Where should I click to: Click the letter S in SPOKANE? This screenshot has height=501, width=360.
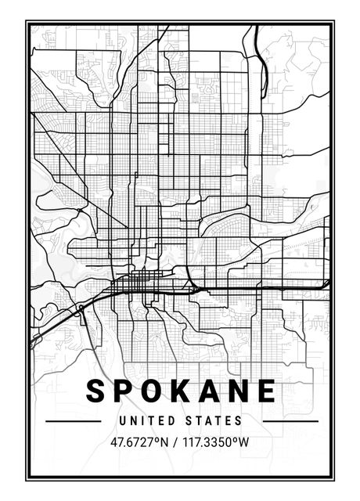click(x=96, y=391)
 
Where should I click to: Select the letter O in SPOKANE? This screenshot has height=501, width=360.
click(x=152, y=391)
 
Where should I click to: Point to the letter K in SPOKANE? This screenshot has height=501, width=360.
click(x=180, y=391)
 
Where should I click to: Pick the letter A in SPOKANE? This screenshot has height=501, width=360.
click(x=207, y=391)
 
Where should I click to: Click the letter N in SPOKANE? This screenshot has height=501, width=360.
click(x=236, y=391)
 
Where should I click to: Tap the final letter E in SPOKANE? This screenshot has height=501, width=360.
click(x=264, y=391)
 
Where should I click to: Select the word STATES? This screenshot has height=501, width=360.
click(x=214, y=421)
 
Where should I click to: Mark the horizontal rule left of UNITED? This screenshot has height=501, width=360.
click(x=74, y=421)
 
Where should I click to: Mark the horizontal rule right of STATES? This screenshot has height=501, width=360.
click(x=290, y=421)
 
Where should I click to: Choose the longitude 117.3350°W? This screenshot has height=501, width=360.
click(x=215, y=442)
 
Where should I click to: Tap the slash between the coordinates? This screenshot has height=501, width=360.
click(x=176, y=442)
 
